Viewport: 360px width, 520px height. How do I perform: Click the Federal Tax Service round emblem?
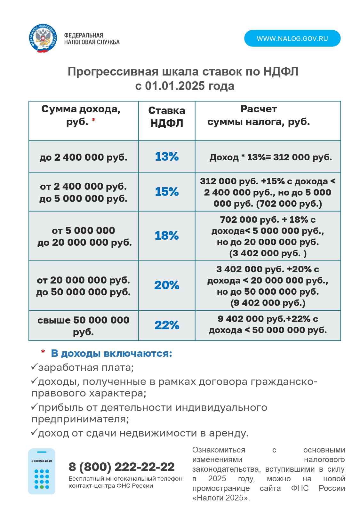pos(43,38)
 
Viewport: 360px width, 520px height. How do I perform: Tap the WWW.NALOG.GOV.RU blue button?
pos(292,38)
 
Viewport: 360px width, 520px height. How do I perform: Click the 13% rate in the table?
pos(167,156)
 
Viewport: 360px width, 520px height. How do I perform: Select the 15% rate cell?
pos(167,192)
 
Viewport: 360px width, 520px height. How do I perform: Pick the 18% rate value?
pos(167,236)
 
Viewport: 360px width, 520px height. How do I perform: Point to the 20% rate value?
pos(167,285)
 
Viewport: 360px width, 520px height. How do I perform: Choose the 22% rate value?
pos(167,325)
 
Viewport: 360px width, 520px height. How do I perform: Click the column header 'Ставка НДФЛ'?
pos(167,117)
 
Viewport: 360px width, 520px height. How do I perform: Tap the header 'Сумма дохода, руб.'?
pos(81,115)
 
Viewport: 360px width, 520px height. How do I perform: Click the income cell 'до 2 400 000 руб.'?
pos(84,157)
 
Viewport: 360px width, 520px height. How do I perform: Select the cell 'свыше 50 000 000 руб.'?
pos(84,326)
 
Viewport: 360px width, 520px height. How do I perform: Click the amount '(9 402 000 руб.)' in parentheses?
pos(268,303)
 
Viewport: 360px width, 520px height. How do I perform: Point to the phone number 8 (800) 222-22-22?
pos(122,467)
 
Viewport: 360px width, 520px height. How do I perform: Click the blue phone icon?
pos(42,471)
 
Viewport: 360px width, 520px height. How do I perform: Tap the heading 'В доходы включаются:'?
pos(111,353)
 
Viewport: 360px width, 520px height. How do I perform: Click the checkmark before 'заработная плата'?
pos(34,367)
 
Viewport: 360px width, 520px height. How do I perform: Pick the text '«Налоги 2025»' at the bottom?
pos(221,498)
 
